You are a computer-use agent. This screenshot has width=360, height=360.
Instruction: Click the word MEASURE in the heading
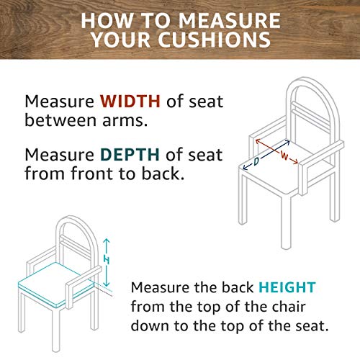(230, 21)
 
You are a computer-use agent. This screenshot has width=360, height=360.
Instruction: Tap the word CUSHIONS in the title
(215, 40)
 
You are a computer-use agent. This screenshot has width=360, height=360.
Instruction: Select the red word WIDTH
(130, 101)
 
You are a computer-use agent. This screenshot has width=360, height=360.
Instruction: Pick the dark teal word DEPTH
(130, 155)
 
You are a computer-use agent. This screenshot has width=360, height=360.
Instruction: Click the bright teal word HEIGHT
(287, 287)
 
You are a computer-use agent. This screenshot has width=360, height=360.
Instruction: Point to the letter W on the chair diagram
(284, 156)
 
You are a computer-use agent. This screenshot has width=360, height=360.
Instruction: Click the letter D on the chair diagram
(256, 161)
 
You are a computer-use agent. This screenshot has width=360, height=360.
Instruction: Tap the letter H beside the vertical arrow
(107, 260)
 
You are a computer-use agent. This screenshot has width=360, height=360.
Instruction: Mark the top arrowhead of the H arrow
(107, 240)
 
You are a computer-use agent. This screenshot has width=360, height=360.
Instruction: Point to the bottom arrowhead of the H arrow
(107, 284)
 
